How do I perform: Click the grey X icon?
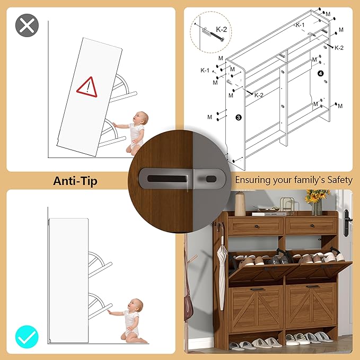click(x=27, y=25)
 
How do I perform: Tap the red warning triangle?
click(x=87, y=87)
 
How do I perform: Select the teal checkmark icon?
click(x=27, y=337)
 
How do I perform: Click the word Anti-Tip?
click(x=75, y=181)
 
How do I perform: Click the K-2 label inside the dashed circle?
click(x=221, y=29)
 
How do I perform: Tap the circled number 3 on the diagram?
click(x=239, y=118)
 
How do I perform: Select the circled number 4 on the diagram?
click(x=321, y=74)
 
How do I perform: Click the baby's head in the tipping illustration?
click(x=141, y=118)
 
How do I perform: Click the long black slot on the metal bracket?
click(x=167, y=179)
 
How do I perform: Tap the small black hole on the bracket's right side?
click(x=211, y=179)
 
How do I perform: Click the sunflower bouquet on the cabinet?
click(x=317, y=196)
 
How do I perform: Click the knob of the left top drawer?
click(x=257, y=226)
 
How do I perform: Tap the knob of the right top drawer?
click(x=312, y=226)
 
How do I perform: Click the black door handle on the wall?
click(x=347, y=223)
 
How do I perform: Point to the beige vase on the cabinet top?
click(x=240, y=204)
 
